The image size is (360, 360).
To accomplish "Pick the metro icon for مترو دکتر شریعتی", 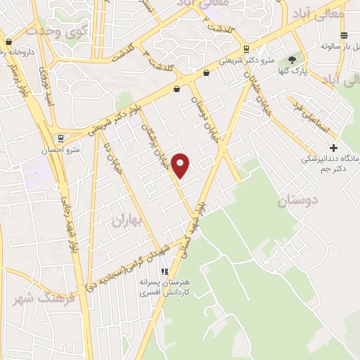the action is point(246,49).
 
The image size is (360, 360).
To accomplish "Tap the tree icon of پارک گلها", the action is point(292,60).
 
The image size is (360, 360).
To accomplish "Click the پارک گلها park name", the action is point(291,71).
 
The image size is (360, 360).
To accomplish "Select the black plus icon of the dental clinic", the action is point(333,148).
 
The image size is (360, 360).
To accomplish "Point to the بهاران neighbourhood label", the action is point(127,221).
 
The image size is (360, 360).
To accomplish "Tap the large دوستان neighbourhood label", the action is point(297,201).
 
